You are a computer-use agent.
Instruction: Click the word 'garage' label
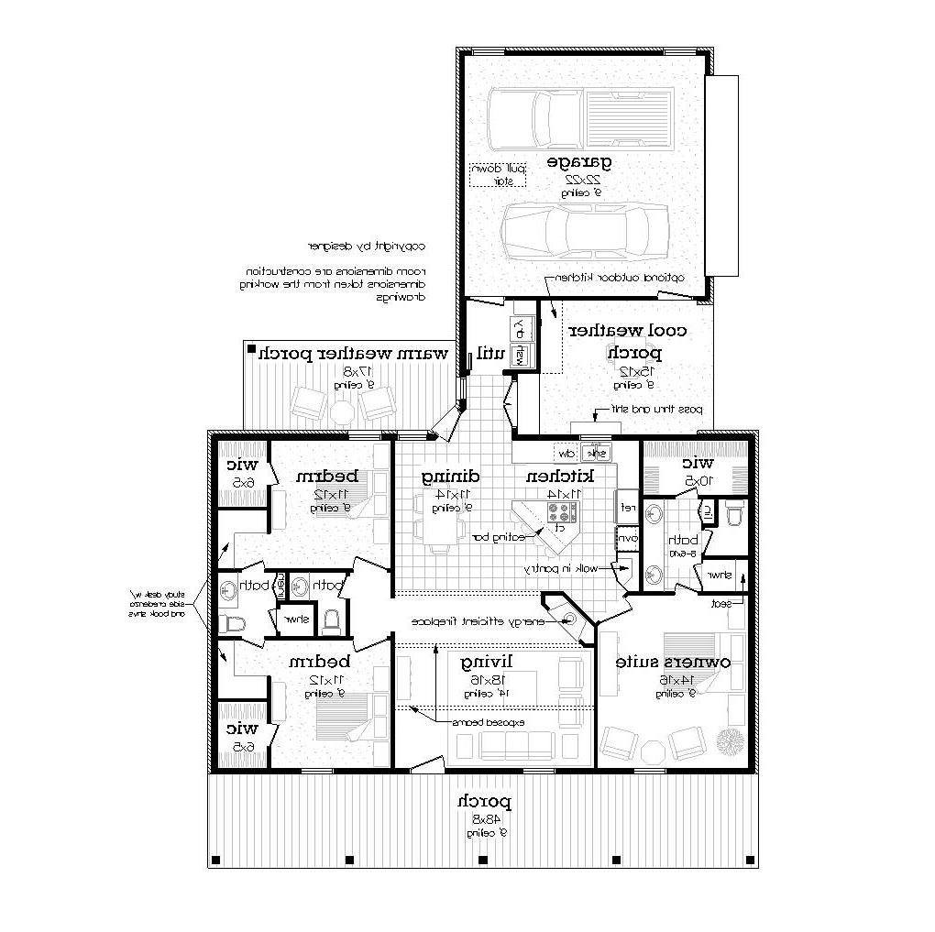579,162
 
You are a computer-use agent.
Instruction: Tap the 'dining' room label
450,477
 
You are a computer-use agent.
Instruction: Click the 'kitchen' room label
559,477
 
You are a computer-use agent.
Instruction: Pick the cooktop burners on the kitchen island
558,513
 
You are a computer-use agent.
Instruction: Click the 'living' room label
487,662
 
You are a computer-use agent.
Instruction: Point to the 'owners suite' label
672,662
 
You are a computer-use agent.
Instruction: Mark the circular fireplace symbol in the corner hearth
567,620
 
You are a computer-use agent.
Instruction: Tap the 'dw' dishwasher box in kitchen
566,453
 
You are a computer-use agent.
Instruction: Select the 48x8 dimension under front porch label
486,817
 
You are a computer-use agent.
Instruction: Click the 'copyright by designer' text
367,246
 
